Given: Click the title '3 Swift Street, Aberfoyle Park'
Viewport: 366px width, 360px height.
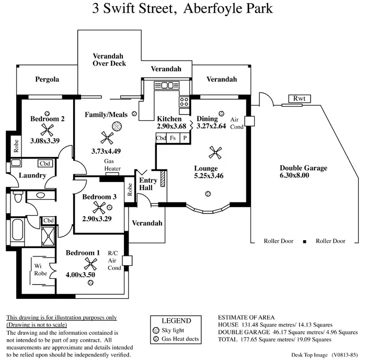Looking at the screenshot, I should [182, 9].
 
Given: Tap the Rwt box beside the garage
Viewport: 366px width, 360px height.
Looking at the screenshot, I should [299, 99].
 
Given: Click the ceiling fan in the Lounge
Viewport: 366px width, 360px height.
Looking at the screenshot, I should [214, 152].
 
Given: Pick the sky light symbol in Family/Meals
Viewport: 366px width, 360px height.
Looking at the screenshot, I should [118, 126].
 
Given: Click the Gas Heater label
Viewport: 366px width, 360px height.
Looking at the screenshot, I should [112, 165].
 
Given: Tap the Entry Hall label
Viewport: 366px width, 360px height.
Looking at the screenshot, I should [148, 184].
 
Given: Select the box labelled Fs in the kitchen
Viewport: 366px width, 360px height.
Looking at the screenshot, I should [173, 138].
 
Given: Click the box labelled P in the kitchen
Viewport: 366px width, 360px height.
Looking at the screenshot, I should [184, 138].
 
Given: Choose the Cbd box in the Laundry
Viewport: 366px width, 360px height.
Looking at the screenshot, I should [45, 164].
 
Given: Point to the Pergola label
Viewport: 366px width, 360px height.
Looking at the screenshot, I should [47, 80].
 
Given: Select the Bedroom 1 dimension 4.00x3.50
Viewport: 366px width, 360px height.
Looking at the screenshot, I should [80, 274].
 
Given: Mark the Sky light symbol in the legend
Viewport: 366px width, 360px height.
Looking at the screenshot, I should [155, 331].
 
